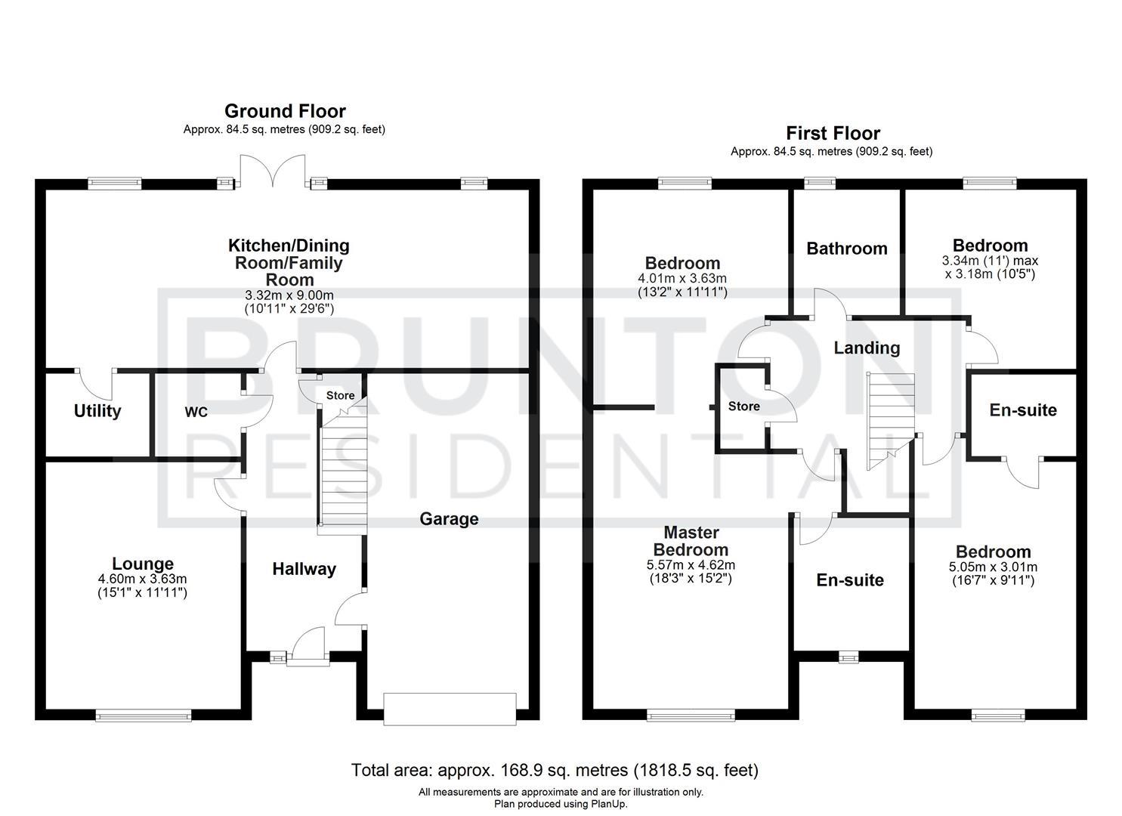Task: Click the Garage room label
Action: [449, 519]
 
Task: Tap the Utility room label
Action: [97, 411]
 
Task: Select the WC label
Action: [196, 413]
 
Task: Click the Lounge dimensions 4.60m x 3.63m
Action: [142, 579]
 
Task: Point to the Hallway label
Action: [304, 570]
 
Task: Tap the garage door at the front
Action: [450, 709]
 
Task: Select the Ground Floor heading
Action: [285, 112]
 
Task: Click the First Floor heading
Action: [833, 134]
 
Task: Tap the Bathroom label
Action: [846, 249]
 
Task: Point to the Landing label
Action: [867, 348]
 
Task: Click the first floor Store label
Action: [743, 406]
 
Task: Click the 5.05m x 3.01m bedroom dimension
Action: [993, 567]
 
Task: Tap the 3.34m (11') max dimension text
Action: [990, 261]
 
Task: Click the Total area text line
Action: [555, 770]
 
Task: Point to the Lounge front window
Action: [144, 714]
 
